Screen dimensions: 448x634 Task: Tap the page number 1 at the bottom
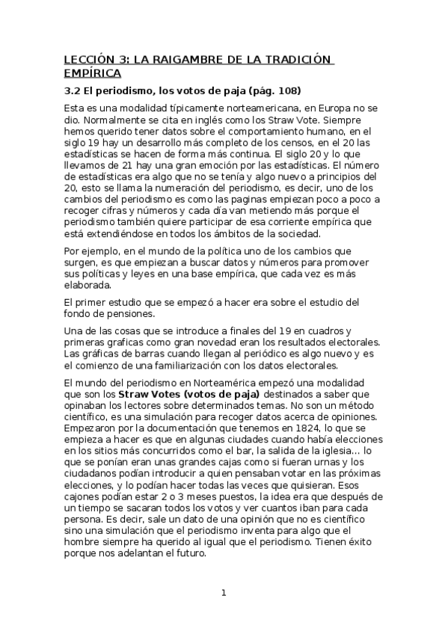[224, 594]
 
